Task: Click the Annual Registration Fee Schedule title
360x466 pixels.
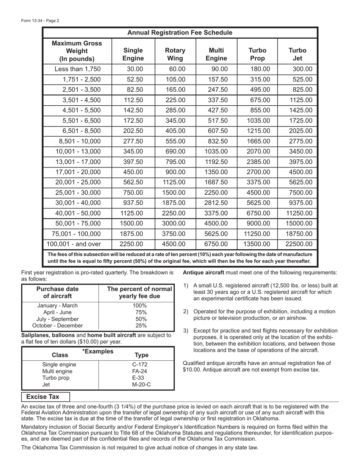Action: tap(180, 33)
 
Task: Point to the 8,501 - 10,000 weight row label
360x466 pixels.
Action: tap(80, 141)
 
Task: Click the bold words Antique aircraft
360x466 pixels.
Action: tap(203, 273)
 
